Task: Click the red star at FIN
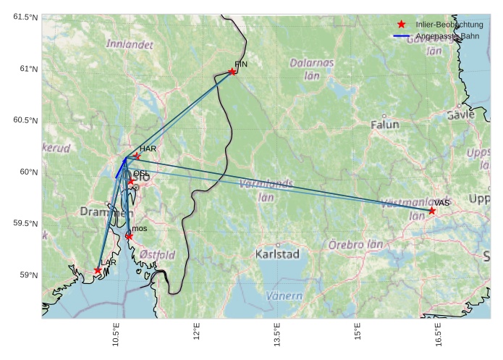tap(232, 71)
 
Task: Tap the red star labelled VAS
tap(432, 211)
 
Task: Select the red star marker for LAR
tap(98, 270)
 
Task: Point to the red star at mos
tap(129, 236)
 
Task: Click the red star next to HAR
tap(136, 156)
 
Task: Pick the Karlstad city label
tap(277, 254)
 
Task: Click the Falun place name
tap(384, 125)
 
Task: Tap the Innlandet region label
tap(130, 44)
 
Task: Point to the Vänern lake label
tap(284, 296)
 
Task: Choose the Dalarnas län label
tap(312, 69)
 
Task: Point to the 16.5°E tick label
tap(438, 337)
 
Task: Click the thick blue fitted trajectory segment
tap(120, 167)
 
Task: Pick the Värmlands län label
tap(266, 190)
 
